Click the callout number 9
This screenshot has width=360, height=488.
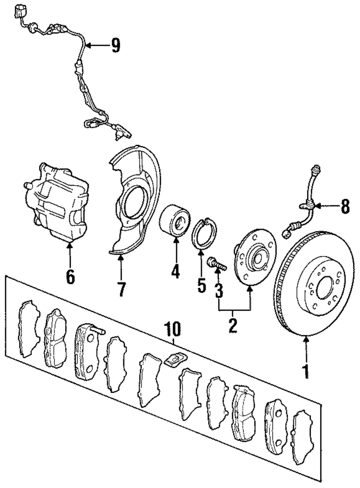[x=116, y=45]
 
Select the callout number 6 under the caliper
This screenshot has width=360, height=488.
[x=71, y=276]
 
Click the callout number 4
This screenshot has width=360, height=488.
[x=175, y=271]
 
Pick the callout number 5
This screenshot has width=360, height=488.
[x=202, y=285]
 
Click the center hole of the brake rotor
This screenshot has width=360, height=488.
[x=325, y=288]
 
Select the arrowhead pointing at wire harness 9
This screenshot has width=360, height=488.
[x=89, y=45]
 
